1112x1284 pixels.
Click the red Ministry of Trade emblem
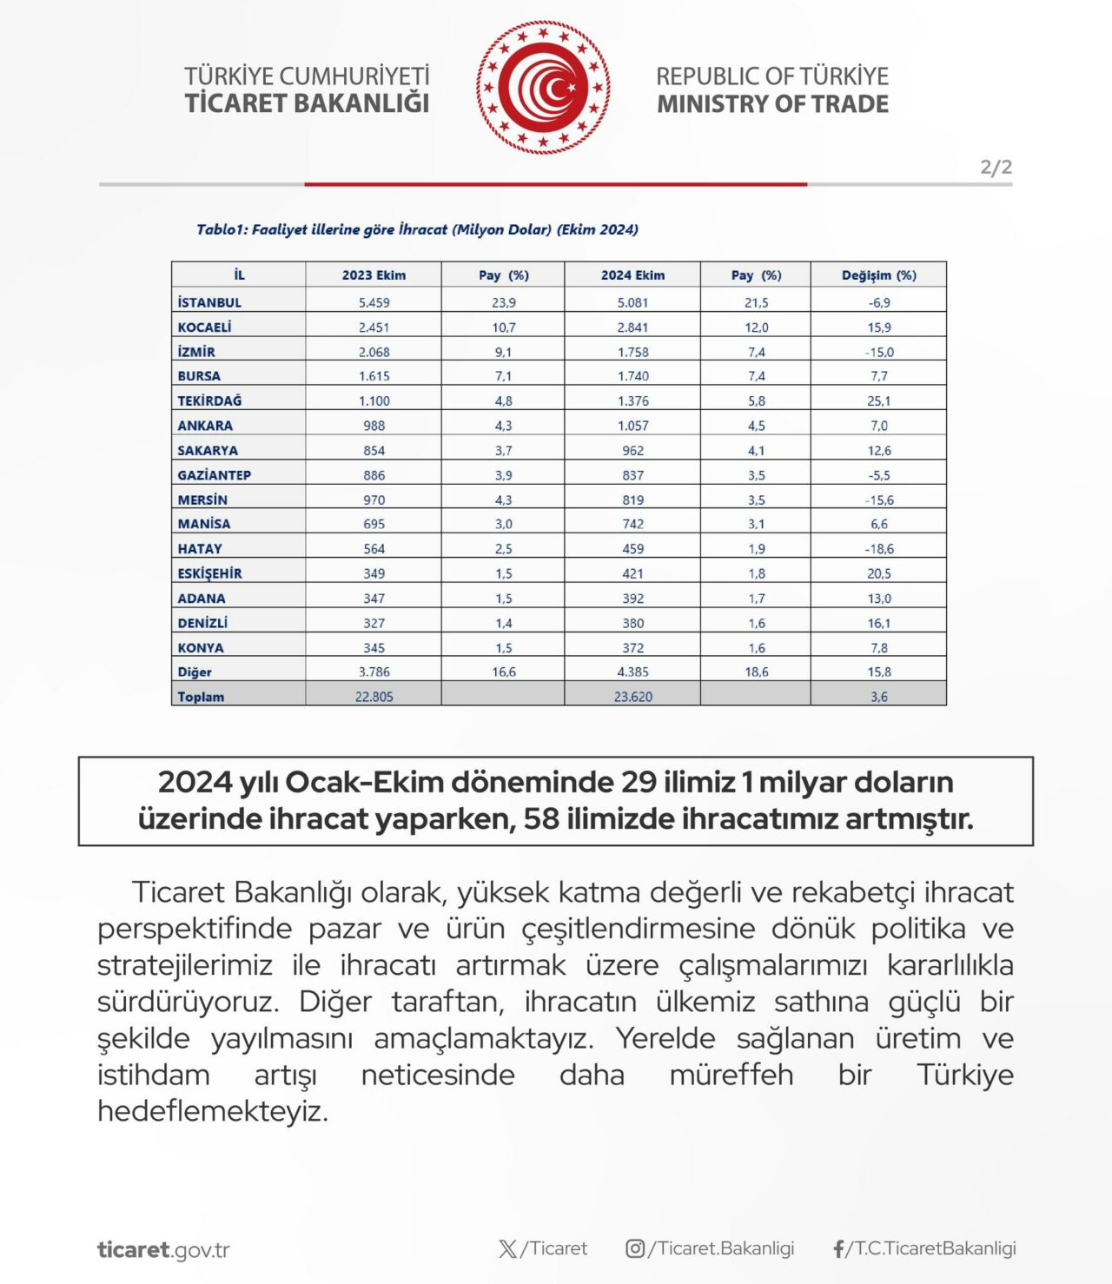click(x=543, y=88)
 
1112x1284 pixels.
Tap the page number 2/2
click(x=996, y=167)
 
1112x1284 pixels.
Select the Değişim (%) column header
click(x=878, y=275)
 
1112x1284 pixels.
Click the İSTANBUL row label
click(x=209, y=302)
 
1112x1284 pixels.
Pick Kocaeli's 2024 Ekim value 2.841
click(x=632, y=328)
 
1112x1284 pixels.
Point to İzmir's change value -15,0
click(x=878, y=352)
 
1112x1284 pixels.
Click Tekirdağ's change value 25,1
click(x=878, y=401)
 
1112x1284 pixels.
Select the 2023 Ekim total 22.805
click(x=374, y=697)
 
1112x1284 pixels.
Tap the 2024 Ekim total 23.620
click(x=632, y=697)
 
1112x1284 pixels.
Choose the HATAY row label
click(x=200, y=549)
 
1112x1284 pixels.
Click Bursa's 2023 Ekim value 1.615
click(x=374, y=376)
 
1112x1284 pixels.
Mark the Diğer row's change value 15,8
click(x=878, y=672)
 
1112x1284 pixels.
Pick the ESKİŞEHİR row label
click(x=209, y=573)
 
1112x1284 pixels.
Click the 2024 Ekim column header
click(x=632, y=275)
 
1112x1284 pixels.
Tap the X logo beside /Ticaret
click(x=508, y=1249)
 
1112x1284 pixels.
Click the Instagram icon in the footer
click(x=635, y=1248)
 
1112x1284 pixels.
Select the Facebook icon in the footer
click(x=838, y=1249)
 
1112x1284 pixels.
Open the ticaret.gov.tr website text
click(x=163, y=1250)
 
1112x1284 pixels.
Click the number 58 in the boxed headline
click(x=540, y=819)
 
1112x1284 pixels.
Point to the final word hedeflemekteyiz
click(x=213, y=1111)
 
